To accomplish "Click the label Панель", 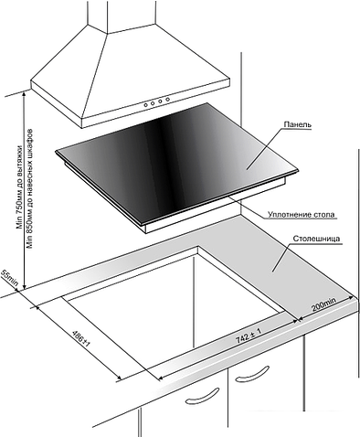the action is (297, 124).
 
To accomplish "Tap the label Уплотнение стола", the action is (301, 215).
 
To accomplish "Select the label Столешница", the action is (316, 239).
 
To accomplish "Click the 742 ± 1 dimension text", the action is (249, 336).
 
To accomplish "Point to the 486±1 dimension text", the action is (81, 338).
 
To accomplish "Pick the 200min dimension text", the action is (323, 304).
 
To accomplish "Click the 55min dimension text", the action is (10, 278).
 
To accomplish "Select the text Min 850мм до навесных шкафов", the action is (30, 189).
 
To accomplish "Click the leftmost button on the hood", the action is (146, 104).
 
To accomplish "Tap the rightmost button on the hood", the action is (167, 100).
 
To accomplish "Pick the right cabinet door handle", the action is (253, 374).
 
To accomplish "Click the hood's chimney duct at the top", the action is (122, 16).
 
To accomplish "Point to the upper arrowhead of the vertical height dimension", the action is (24, 94).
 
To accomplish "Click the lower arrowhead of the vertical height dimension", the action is (24, 286).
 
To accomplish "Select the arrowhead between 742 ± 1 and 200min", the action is (299, 319).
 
